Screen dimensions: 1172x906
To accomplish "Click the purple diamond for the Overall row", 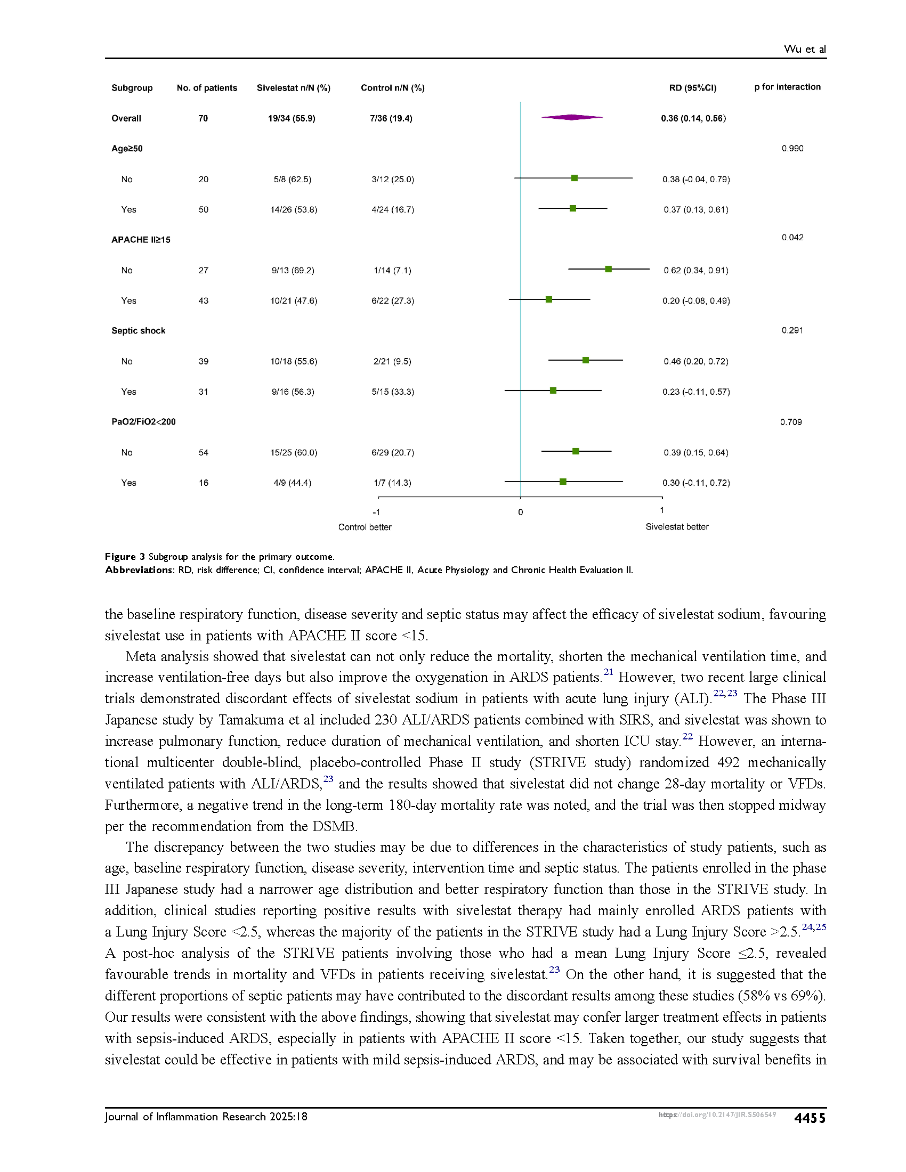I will tap(572, 118).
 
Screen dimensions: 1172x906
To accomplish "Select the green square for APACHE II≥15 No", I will tap(608, 269).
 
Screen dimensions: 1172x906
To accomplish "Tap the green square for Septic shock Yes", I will tap(553, 390).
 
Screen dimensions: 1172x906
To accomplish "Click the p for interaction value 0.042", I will tap(792, 238).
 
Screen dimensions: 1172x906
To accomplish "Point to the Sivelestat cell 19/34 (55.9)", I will tap(292, 119).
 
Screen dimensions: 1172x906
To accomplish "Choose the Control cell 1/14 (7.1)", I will tap(392, 271).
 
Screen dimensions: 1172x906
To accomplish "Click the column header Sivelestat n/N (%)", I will tap(294, 88).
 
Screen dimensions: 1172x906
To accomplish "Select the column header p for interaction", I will tap(787, 87).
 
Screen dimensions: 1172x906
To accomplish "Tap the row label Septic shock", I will tap(139, 331).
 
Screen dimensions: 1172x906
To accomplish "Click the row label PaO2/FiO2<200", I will tap(143, 422).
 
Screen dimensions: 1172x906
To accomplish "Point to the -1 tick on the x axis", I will tap(377, 512).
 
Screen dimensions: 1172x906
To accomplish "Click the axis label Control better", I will tap(365, 527).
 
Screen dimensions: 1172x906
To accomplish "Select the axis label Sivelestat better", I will tap(677, 527).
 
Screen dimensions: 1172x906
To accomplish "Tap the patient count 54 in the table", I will tap(204, 452).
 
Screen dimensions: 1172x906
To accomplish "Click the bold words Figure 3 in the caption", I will tap(125, 557).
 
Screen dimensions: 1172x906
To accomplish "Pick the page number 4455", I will tap(810, 1118).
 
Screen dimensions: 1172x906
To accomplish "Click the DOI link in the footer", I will tap(717, 1114).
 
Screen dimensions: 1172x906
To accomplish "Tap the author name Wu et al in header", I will tap(805, 49).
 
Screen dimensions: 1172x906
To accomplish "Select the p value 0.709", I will tap(791, 422).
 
